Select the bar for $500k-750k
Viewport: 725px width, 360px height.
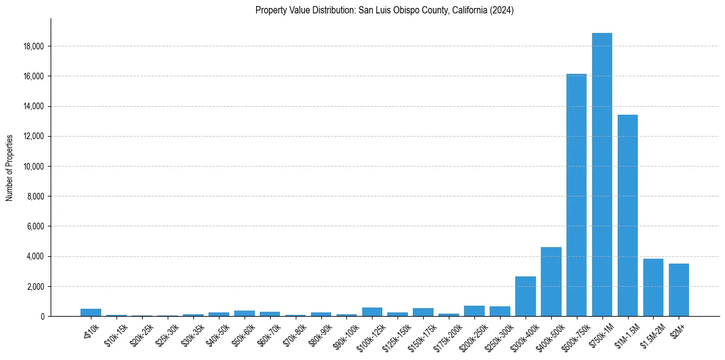pyautogui.click(x=576, y=195)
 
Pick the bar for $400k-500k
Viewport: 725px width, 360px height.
pyautogui.click(x=551, y=281)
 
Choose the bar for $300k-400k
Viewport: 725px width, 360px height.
pyautogui.click(x=525, y=296)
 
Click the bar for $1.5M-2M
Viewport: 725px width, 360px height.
pyautogui.click(x=653, y=287)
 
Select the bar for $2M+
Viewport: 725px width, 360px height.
pyautogui.click(x=679, y=290)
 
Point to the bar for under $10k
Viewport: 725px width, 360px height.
pyautogui.click(x=91, y=312)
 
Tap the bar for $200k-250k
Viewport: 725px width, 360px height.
pyautogui.click(x=474, y=311)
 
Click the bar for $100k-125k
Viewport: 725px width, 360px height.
pyautogui.click(x=372, y=312)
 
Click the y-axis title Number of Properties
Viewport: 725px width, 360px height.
pyautogui.click(x=10, y=168)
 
